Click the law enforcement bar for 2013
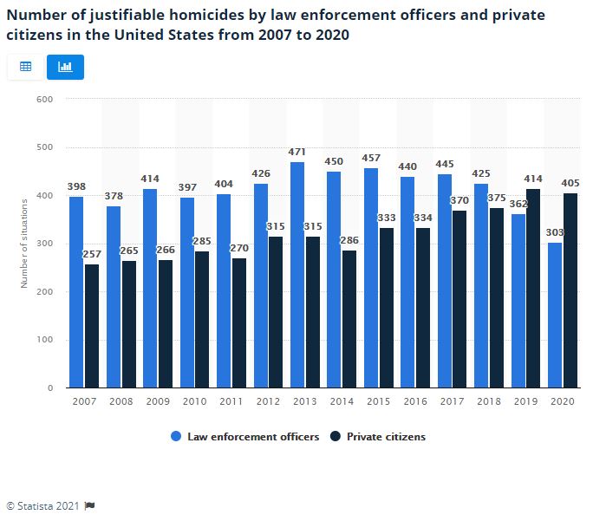297,275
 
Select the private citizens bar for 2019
533,288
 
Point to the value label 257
92,255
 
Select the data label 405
570,183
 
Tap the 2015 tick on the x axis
379,402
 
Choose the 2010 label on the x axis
194,402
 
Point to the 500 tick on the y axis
46,147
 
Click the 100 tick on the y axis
46,340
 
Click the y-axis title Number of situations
24,244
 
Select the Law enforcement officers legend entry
245,437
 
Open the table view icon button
26,67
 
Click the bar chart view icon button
65,67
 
